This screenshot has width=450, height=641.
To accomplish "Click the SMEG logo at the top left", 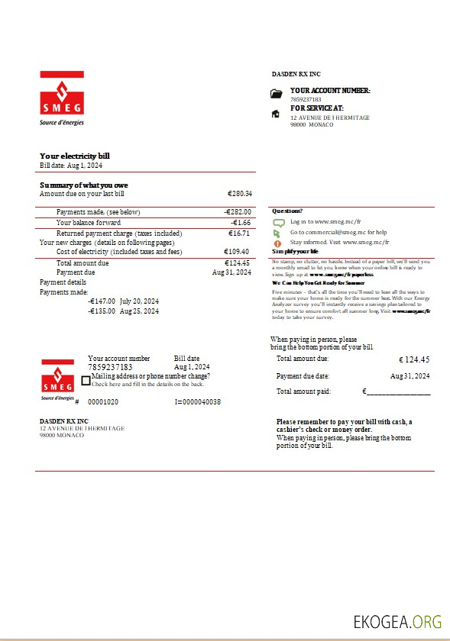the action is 62,98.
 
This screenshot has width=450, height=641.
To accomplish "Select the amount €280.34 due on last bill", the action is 240,194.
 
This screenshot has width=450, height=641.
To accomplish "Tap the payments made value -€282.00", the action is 238,212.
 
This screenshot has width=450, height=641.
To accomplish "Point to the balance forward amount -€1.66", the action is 241,223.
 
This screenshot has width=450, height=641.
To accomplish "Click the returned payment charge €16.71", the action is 239,234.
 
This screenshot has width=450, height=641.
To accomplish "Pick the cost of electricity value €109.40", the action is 237,252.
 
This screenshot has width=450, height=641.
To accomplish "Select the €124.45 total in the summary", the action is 238,263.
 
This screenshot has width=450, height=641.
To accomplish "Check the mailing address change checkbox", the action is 86,380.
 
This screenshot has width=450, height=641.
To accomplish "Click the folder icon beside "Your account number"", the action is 277,94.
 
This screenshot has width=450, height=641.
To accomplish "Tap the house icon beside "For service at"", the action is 277,114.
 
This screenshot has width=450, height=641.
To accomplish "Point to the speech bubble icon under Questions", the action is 279,222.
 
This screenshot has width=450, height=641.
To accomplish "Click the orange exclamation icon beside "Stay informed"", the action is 278,242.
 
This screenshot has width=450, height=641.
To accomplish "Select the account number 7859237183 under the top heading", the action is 306,100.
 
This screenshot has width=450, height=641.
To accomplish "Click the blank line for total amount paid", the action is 398,392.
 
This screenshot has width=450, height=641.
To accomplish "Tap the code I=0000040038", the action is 198,401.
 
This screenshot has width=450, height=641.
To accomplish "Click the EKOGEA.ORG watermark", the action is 397,621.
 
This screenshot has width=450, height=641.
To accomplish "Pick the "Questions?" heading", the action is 287,211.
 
